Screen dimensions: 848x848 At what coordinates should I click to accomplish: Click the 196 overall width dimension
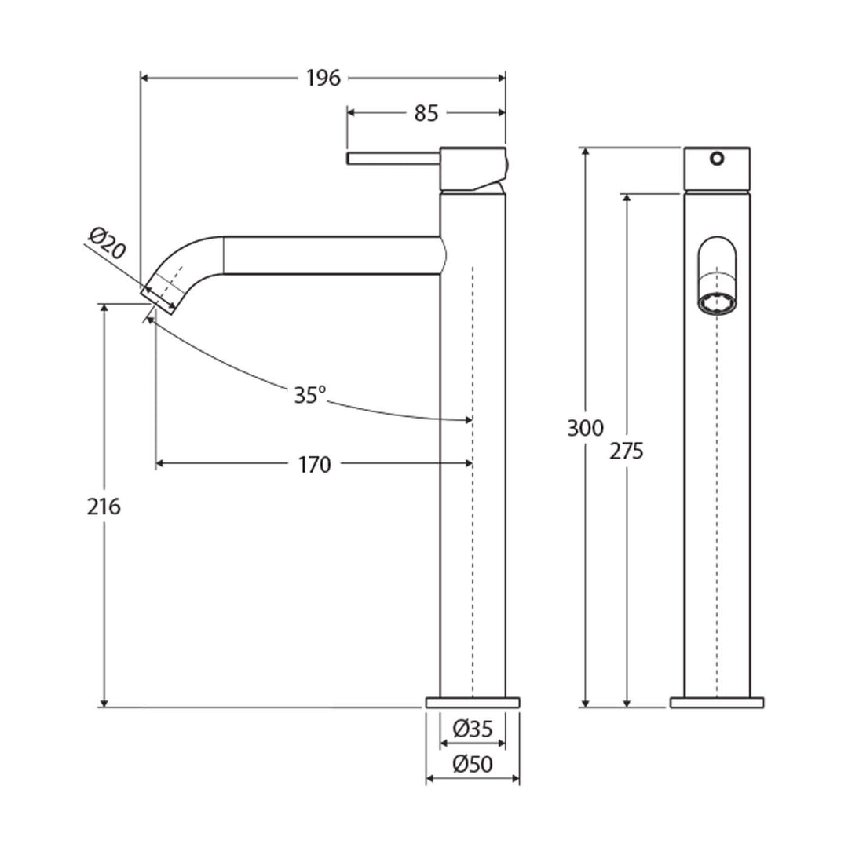323,78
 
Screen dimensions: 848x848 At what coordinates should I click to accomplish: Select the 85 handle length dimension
425,113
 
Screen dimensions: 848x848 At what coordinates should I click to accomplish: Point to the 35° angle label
309,395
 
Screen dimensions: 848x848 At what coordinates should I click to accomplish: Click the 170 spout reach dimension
314,465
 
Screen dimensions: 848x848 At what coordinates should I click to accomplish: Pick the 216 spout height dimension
104,507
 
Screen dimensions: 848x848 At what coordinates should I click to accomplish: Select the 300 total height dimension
587,429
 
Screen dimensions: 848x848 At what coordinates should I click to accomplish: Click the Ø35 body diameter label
473,729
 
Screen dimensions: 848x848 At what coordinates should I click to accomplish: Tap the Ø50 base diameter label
473,763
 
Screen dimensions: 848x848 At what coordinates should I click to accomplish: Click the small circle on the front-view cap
715,159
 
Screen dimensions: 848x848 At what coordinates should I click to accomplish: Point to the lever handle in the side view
393,159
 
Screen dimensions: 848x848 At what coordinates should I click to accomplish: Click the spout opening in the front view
716,302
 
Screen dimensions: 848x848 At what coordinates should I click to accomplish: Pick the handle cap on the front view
716,169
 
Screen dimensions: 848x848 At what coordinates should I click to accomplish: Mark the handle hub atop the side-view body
473,168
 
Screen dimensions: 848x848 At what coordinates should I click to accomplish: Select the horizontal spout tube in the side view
330,255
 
